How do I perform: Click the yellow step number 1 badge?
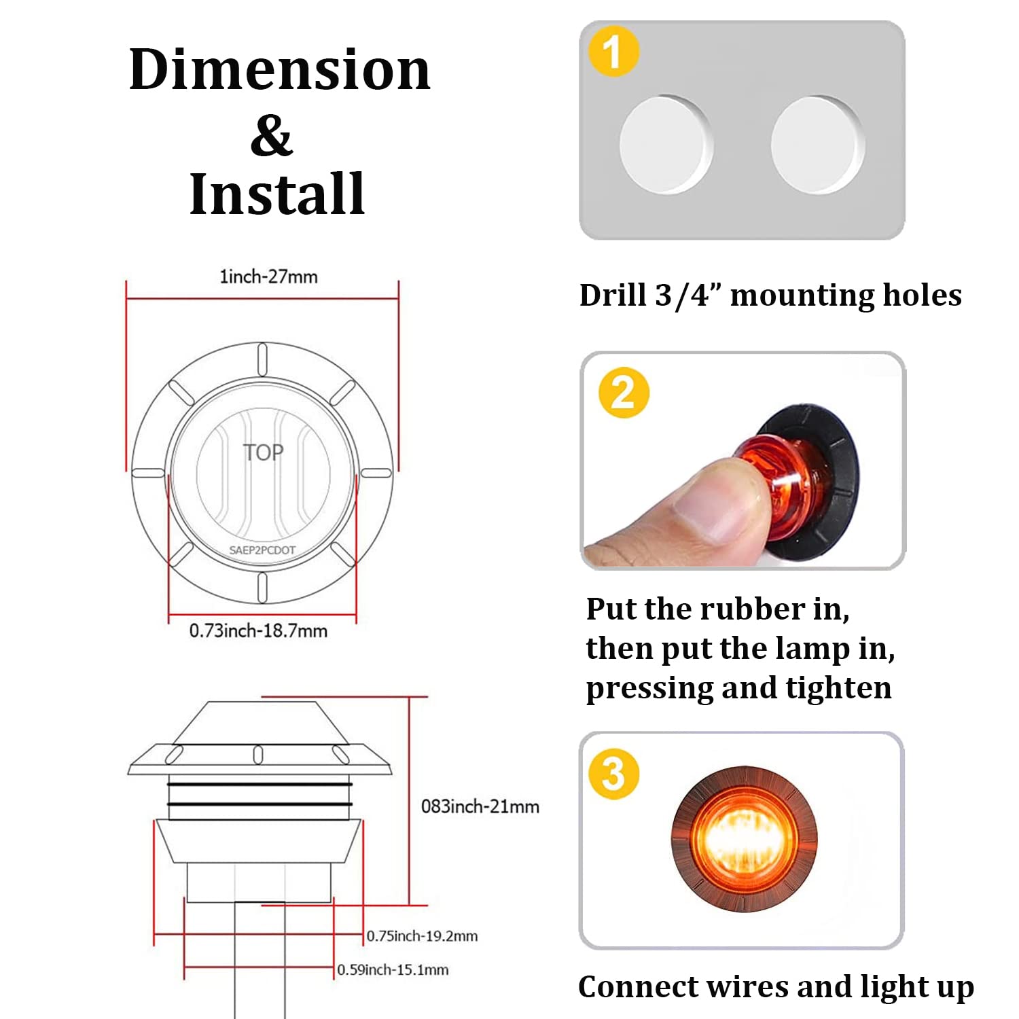(613, 52)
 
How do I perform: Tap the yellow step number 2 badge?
(624, 393)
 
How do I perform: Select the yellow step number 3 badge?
(614, 774)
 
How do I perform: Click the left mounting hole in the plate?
(665, 145)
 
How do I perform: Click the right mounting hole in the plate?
(817, 145)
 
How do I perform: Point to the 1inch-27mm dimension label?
(268, 276)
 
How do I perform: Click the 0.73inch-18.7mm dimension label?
(258, 631)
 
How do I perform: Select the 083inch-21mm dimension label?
(480, 806)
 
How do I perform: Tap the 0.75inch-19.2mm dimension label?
(422, 936)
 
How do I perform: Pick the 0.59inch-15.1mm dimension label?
(393, 970)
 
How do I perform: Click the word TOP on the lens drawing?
(264, 452)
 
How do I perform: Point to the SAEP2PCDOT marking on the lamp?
(262, 550)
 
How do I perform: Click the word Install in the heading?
(277, 194)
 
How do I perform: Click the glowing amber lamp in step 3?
(744, 841)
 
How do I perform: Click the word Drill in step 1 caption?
(612, 296)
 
